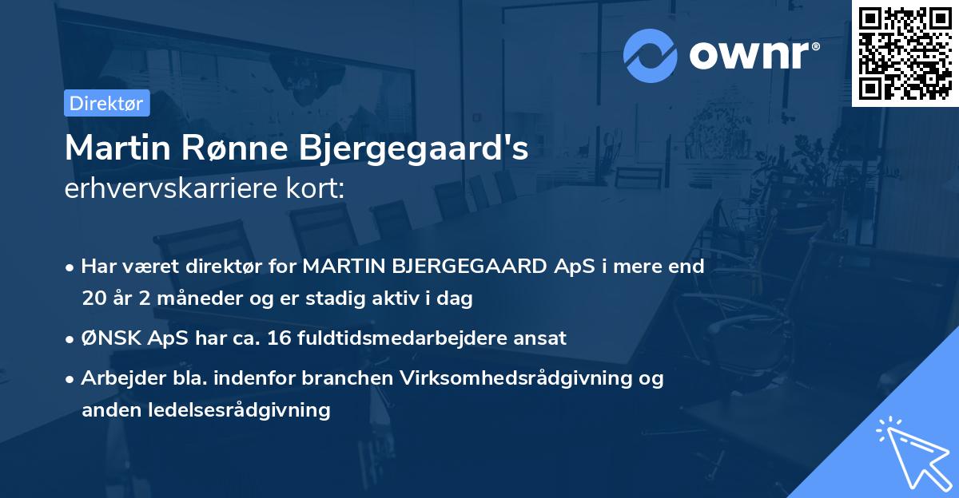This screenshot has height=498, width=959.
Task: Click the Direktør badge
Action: click(106, 103)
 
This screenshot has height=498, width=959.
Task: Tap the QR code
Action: click(905, 53)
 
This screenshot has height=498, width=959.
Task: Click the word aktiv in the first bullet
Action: click(415, 299)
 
